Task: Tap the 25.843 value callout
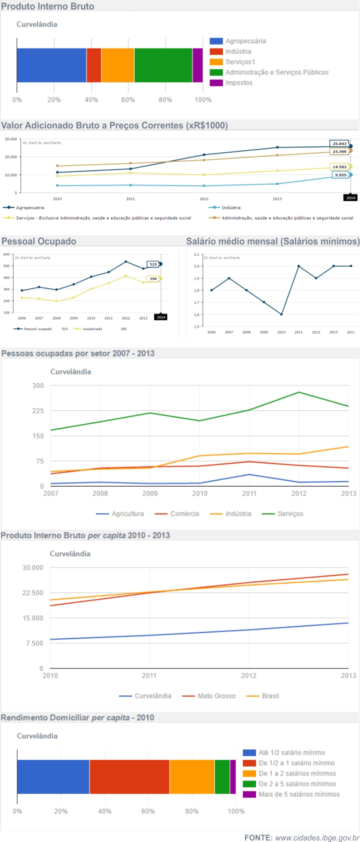(339, 143)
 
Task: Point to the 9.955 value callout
(340, 175)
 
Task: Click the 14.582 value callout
(339, 167)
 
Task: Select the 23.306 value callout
(339, 151)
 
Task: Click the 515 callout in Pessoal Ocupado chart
(153, 264)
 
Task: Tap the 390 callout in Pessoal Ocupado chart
(153, 278)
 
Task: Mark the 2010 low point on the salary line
(281, 314)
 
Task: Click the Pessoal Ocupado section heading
(39, 241)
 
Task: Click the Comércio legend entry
(184, 514)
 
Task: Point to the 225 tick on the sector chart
(38, 410)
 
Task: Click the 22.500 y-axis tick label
(33, 593)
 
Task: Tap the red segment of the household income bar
(129, 776)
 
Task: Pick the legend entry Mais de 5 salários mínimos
(298, 794)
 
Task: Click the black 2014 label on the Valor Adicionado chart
(351, 198)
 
